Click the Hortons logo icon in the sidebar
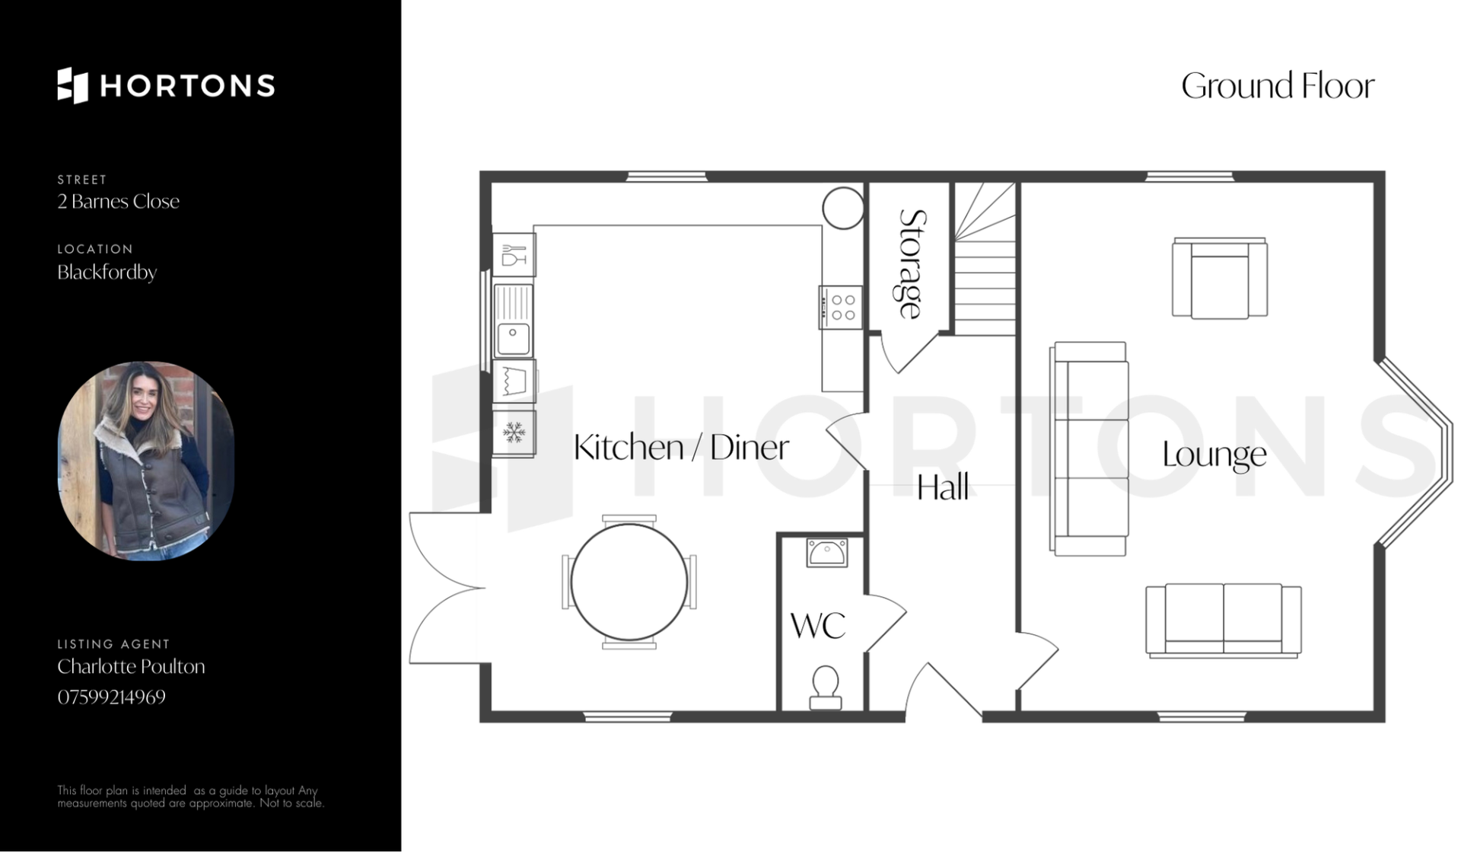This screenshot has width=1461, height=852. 73,85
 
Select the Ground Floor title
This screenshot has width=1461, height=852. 1278,86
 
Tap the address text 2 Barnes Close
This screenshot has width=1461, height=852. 118,201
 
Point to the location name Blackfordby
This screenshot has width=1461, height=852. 107,272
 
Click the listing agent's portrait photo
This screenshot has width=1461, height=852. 146,461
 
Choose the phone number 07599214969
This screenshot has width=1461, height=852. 111,697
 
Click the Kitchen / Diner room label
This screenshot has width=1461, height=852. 681,447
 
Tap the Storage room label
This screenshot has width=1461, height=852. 912,263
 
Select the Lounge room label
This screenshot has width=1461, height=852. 1214,455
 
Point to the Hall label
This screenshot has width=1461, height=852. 943,487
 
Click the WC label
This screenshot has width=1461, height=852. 818,626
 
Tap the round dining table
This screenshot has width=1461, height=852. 629,582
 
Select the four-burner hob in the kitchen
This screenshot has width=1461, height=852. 841,307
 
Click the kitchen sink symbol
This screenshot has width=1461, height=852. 514,321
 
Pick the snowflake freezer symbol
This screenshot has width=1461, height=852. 514,433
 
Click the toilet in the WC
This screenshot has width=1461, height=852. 825,686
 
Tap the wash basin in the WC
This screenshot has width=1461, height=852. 826,553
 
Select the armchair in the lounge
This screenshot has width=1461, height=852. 1220,277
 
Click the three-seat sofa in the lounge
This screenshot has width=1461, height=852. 1089,448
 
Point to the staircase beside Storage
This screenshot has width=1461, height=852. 985,259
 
